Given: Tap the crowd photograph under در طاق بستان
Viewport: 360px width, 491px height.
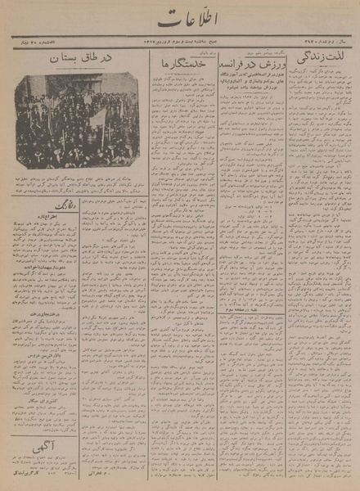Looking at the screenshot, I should point(75,120).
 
